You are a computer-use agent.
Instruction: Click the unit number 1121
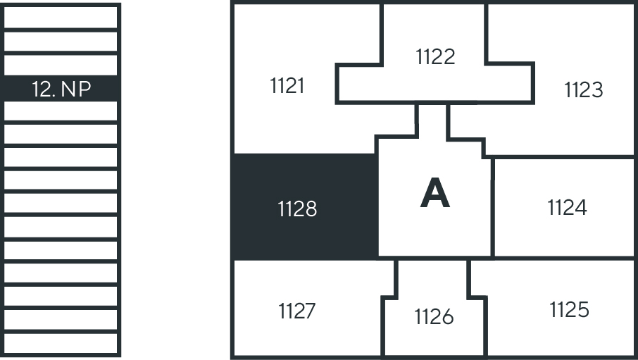pos(287,86)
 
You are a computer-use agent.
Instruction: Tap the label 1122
pos(435,56)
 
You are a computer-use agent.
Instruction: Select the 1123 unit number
pos(583,90)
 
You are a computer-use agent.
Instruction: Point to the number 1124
pos(567,208)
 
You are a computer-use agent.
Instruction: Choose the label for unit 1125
pos(569,309)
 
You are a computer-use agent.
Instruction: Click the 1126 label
pos(434,317)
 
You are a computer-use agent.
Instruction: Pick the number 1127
pos(296,311)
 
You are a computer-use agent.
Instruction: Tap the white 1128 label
pos(297,209)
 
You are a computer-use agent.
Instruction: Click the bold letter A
pos(435,194)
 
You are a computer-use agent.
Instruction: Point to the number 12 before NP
pos(43,89)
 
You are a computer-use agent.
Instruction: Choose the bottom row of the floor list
pos(61,343)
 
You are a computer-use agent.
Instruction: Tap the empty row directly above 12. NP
pos(61,65)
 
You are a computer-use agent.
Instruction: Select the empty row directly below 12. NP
pos(61,111)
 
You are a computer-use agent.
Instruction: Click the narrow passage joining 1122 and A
pos(432,120)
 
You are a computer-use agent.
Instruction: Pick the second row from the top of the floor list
pos(61,42)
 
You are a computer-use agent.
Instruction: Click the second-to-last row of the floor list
pos(61,320)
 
